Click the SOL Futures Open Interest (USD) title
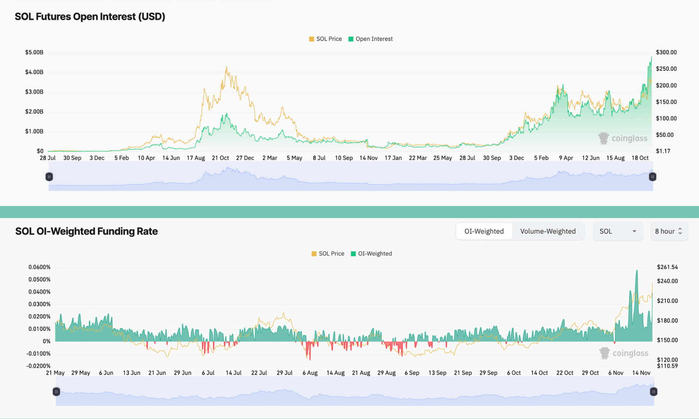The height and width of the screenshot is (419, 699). coord(90,16)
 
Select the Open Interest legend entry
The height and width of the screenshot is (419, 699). coord(371,39)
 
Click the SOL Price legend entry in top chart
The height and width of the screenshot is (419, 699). coord(325,39)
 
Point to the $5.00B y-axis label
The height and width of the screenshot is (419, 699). coord(34,52)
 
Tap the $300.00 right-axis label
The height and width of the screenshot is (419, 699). coord(666,52)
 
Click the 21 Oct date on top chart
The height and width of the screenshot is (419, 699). coord(220,158)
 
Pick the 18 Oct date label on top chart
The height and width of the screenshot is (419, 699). coord(640,158)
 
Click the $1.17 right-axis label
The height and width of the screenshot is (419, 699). coord(663,151)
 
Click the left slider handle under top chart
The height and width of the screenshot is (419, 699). coord(49,177)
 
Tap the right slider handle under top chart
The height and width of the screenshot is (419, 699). coord(653,177)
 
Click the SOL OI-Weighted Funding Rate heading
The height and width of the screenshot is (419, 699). coord(86,231)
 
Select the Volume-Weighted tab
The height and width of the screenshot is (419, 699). coord(548,231)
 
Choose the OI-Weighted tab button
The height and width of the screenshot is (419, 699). coord(484,231)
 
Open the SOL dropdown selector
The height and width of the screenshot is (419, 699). coord(618,231)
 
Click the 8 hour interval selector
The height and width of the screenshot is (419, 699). coord(669,231)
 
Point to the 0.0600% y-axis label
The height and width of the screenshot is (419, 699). coord(39,267)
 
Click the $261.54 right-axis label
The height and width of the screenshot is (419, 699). coord(667,267)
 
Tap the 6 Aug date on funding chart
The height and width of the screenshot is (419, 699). coord(310,373)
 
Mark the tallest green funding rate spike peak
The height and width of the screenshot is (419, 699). coord(637,271)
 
